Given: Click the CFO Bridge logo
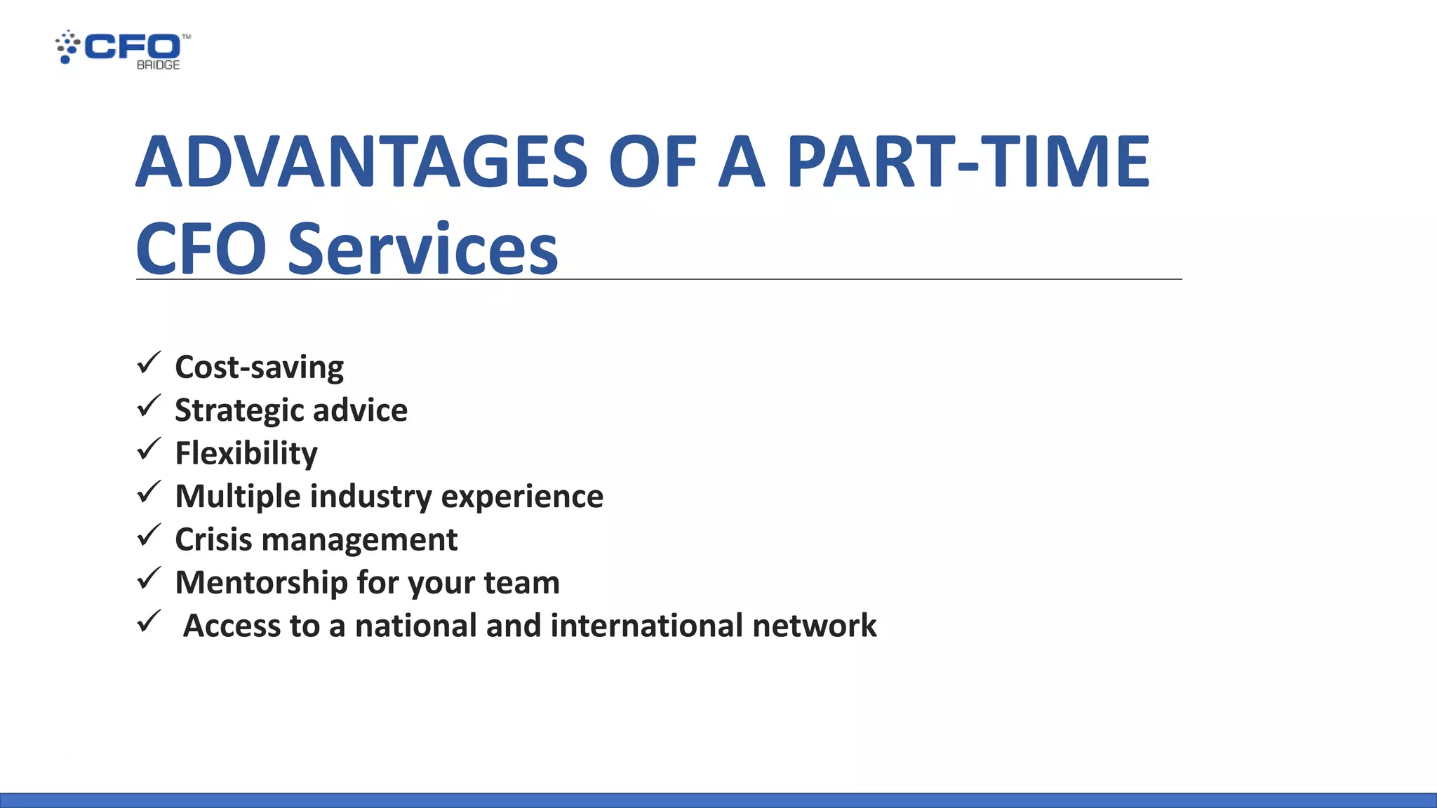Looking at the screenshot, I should coord(123,49).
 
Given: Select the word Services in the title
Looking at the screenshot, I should coord(422,249).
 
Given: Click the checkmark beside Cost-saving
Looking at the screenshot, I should coord(149,363).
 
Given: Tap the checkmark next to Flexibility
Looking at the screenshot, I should coord(149,450).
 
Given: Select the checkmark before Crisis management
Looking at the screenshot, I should coord(149,536).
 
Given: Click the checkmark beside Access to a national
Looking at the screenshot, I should coord(149,621).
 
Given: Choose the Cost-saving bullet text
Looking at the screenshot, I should coord(259,368).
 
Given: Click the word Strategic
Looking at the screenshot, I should coord(239,411).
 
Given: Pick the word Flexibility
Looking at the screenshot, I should coord(246,454).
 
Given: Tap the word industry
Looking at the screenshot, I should coord(371,497).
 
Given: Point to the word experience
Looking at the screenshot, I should coord(522,497).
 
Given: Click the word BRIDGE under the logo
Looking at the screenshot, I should coord(158,65).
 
